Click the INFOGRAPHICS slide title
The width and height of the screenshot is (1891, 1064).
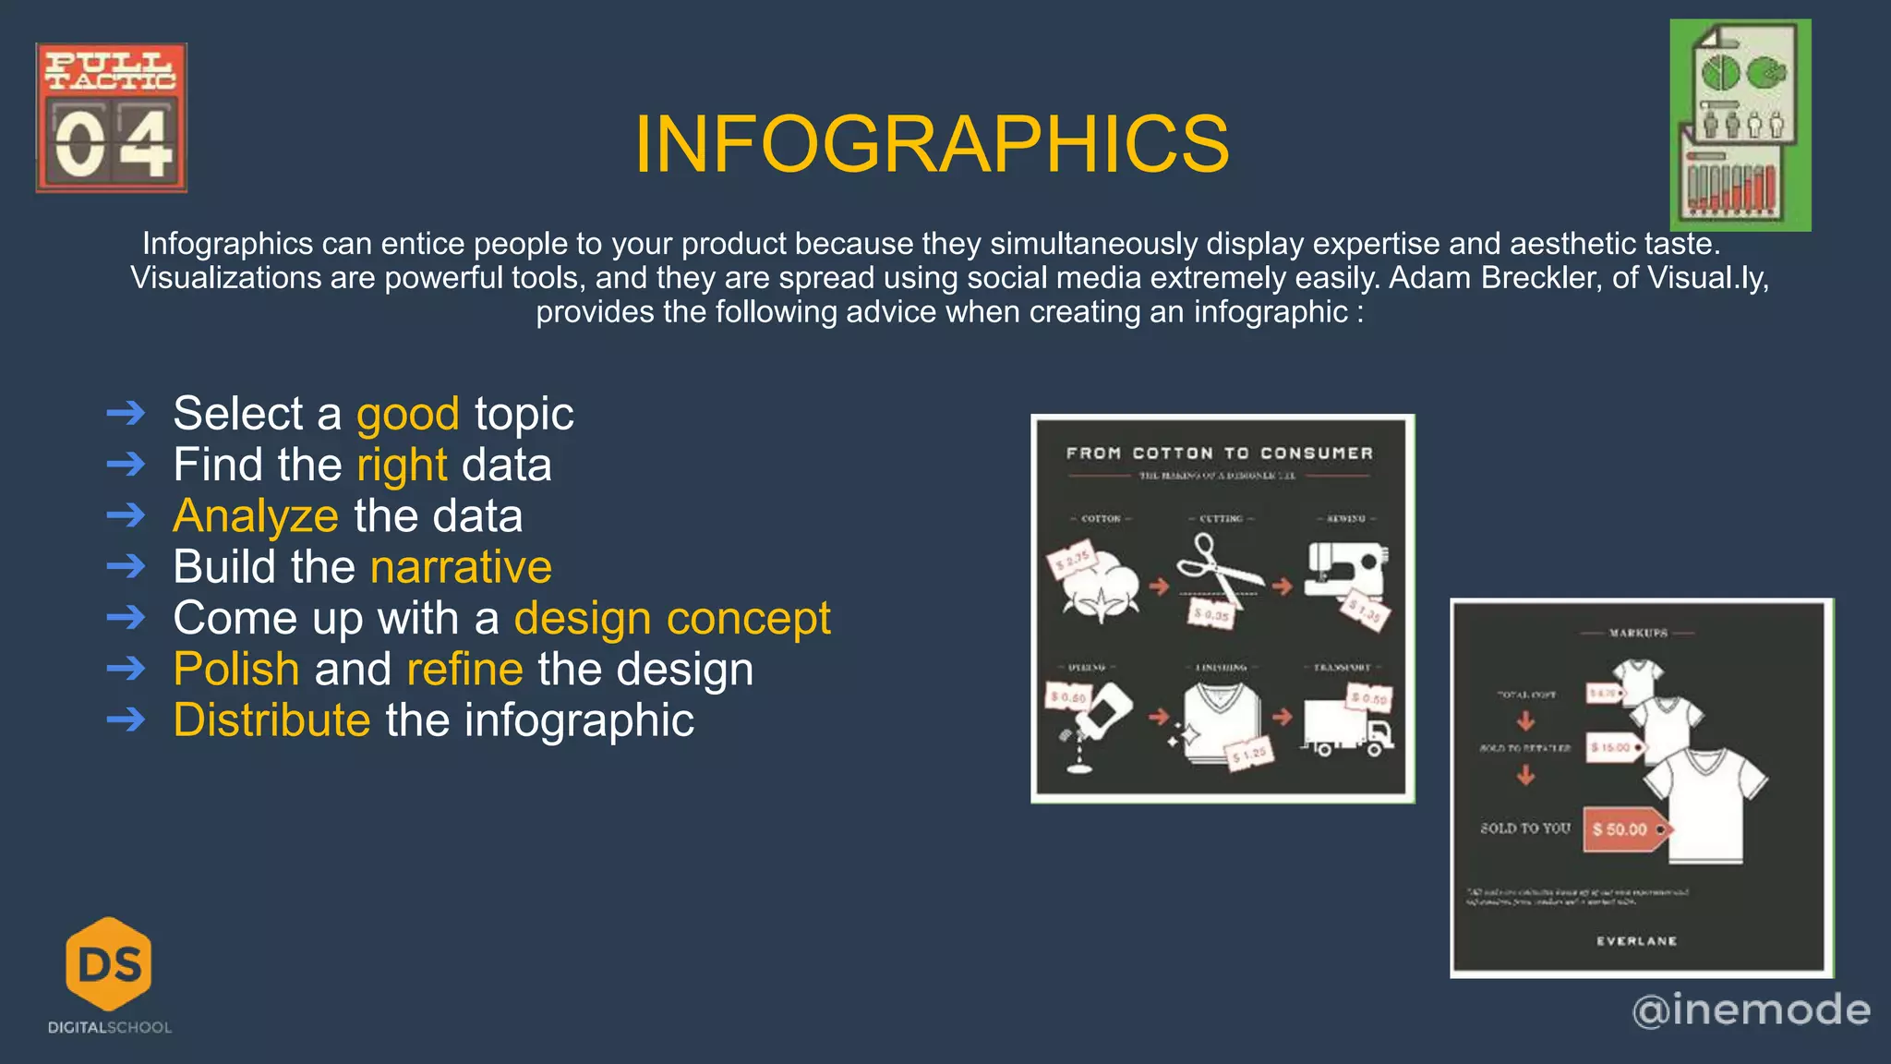click(x=932, y=144)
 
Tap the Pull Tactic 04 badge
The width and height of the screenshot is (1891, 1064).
click(x=112, y=117)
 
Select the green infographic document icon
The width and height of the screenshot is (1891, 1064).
click(x=1740, y=126)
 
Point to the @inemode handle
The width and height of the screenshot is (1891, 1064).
click(x=1751, y=1010)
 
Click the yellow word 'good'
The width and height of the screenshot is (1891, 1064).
click(x=408, y=414)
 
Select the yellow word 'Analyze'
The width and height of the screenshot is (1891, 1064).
click(x=256, y=515)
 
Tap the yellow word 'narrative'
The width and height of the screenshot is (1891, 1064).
click(x=461, y=567)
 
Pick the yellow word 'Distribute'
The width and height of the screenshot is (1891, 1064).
click(x=271, y=720)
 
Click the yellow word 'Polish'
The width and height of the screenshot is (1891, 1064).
click(x=236, y=669)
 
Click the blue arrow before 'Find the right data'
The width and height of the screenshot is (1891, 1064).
click(x=126, y=464)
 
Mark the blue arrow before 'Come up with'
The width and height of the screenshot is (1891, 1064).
click(x=126, y=617)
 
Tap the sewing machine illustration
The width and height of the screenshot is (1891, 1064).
click(x=1345, y=573)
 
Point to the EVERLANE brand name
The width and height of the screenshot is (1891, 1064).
click(x=1636, y=941)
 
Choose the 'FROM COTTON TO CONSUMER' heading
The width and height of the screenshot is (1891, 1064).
click(x=1220, y=453)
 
